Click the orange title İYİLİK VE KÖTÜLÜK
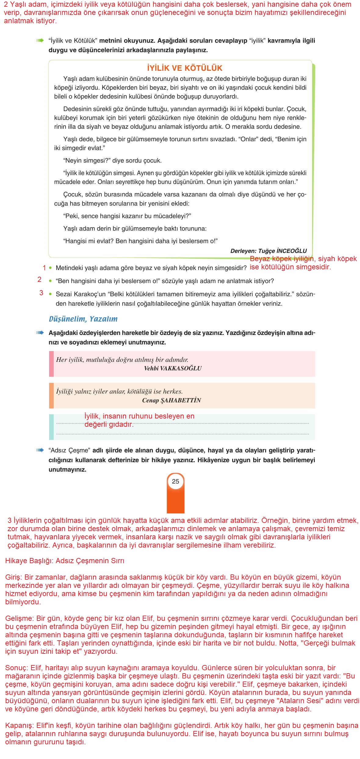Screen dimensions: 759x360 (x=185, y=68)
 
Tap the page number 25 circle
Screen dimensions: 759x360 (x=175, y=481)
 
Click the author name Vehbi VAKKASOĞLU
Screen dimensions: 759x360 (x=173, y=368)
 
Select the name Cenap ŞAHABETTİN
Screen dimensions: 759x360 (x=171, y=400)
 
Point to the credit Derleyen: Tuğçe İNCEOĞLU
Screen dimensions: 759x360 (x=268, y=251)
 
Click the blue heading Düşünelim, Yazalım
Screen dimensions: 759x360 (x=83, y=319)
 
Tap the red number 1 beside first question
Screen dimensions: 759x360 (x=44, y=268)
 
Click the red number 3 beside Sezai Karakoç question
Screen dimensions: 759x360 (x=41, y=293)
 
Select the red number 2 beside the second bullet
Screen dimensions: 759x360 (x=39, y=279)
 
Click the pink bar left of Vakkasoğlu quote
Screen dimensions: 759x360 (x=51, y=364)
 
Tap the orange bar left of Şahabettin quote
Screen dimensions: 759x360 (x=51, y=396)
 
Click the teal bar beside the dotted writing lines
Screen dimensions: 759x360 (x=51, y=427)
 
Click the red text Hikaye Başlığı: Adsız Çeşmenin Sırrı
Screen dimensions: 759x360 (x=65, y=561)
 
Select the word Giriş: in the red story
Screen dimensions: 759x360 (x=14, y=577)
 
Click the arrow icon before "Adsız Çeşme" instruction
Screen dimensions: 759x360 (x=40, y=450)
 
